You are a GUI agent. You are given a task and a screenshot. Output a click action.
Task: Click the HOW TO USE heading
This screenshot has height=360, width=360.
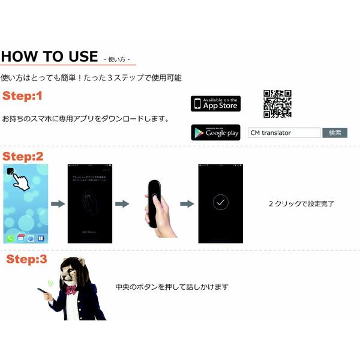(x=49, y=57)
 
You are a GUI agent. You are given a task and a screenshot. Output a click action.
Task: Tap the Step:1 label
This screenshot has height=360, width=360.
(x=23, y=96)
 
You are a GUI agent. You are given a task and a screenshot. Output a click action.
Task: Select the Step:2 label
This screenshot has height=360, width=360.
(x=23, y=156)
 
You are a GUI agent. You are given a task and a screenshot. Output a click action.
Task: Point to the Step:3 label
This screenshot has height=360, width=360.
(x=26, y=260)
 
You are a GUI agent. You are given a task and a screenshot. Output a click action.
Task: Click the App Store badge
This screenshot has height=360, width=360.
(x=215, y=103)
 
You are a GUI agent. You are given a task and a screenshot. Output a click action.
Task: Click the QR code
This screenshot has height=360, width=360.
(x=277, y=104)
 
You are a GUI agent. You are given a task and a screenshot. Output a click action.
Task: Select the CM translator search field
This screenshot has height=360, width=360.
(x=284, y=133)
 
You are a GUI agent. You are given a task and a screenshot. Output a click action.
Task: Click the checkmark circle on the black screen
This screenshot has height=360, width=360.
(x=220, y=203)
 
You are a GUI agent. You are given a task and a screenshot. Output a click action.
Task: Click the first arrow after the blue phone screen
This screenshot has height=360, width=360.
(x=58, y=204)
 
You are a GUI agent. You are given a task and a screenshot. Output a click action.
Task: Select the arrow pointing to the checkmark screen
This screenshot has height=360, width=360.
(x=187, y=204)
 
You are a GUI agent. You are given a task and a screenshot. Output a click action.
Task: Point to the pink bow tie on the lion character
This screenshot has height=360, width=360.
(x=72, y=290)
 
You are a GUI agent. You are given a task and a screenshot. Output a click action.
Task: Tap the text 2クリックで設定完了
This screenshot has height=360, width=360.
(x=302, y=204)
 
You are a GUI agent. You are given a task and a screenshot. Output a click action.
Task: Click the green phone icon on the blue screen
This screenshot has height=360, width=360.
(x=11, y=238)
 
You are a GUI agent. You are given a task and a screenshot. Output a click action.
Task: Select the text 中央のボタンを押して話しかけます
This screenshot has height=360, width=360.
(x=172, y=287)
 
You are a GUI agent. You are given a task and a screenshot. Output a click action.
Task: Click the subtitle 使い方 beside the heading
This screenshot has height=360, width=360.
(x=116, y=59)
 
